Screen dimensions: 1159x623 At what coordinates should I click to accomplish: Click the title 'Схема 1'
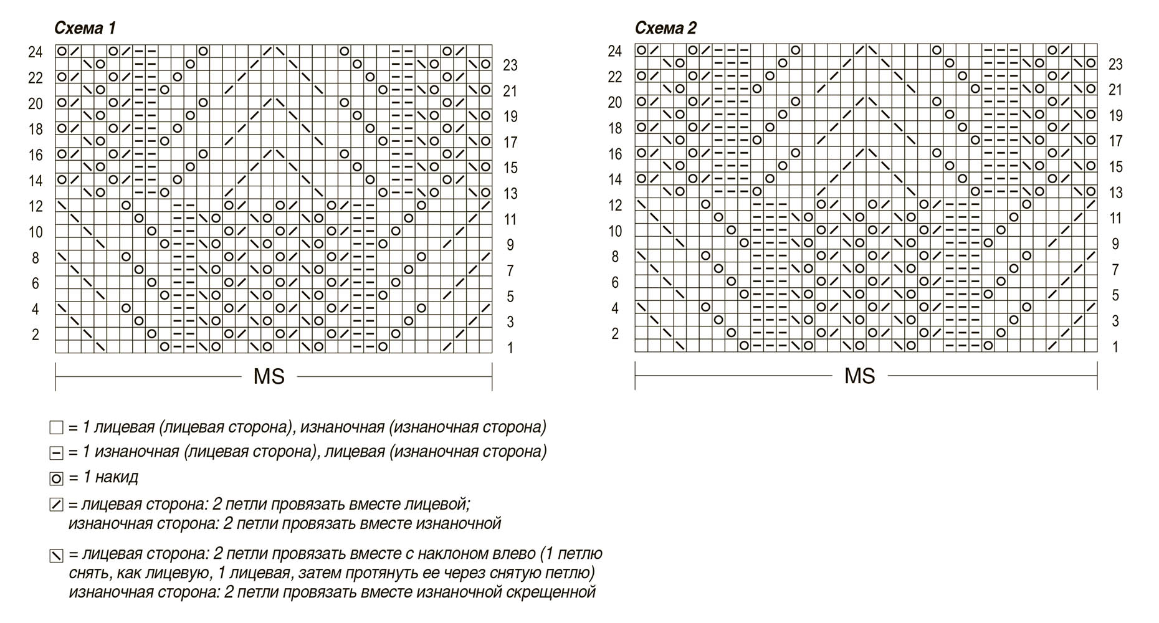tap(85, 28)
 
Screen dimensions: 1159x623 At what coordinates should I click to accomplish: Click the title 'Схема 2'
tap(665, 28)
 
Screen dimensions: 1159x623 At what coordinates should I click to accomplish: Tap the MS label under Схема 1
tap(269, 376)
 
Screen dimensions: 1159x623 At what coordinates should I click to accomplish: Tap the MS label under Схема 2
tap(860, 376)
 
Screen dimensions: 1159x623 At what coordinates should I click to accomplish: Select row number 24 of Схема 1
tap(35, 52)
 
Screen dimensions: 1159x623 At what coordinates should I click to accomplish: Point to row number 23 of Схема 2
tap(1115, 64)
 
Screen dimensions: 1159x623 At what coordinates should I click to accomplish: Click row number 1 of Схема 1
tap(510, 348)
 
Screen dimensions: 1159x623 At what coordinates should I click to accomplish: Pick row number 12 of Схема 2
tap(615, 205)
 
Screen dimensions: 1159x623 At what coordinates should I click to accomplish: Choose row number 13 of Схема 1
tap(510, 194)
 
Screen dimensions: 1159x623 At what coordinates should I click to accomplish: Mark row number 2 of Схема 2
tap(615, 334)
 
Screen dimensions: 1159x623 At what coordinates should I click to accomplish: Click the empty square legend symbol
tap(56, 428)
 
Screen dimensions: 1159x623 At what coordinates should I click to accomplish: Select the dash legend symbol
tap(56, 453)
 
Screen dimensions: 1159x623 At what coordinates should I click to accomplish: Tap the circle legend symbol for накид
tap(56, 479)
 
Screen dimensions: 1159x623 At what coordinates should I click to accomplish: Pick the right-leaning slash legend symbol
tap(56, 505)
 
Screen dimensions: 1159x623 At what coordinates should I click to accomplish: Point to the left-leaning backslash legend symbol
tap(56, 555)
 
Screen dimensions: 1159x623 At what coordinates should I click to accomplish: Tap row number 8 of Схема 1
tap(35, 257)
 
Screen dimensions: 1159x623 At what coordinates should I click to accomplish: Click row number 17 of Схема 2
tap(1115, 141)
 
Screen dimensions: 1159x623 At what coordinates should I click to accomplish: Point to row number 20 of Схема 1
tap(35, 103)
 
